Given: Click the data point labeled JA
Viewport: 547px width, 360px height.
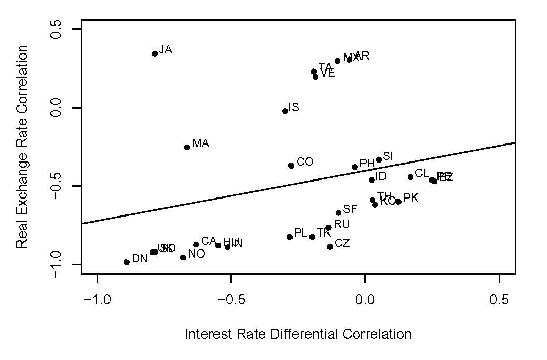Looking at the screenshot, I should pyautogui.click(x=155, y=53).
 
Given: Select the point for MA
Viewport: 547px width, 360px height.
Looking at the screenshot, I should pyautogui.click(x=187, y=147).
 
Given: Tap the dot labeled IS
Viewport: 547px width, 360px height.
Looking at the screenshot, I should pyautogui.click(x=285, y=111).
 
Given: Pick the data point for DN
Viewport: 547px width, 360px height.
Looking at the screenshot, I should pyautogui.click(x=126, y=262).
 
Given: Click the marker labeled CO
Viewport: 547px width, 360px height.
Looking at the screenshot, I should pyautogui.click(x=291, y=166).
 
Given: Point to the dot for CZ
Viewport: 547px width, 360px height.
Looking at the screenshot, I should pyautogui.click(x=330, y=247).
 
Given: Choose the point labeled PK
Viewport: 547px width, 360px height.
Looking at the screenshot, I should pyautogui.click(x=398, y=202).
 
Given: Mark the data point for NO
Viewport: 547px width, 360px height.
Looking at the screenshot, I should pyautogui.click(x=183, y=257).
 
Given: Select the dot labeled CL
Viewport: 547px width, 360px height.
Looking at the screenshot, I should pyautogui.click(x=410, y=177).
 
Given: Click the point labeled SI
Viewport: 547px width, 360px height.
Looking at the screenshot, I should pyautogui.click(x=379, y=159).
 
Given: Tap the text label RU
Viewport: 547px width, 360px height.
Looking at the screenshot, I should pyautogui.click(x=341, y=224).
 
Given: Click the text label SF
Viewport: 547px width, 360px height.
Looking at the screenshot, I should pyautogui.click(x=350, y=209).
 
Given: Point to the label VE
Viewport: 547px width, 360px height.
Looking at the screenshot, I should pyautogui.click(x=327, y=73).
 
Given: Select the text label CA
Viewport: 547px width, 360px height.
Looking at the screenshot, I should pyautogui.click(x=208, y=241).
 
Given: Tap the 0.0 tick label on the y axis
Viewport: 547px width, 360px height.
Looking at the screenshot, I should pyautogui.click(x=56, y=107).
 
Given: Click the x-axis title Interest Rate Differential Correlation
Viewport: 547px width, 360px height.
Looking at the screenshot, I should pyautogui.click(x=298, y=334).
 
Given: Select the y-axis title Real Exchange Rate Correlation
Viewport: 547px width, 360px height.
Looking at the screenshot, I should pyautogui.click(x=22, y=147).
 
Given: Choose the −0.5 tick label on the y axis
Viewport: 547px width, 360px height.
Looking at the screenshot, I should pyautogui.click(x=56, y=186).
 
